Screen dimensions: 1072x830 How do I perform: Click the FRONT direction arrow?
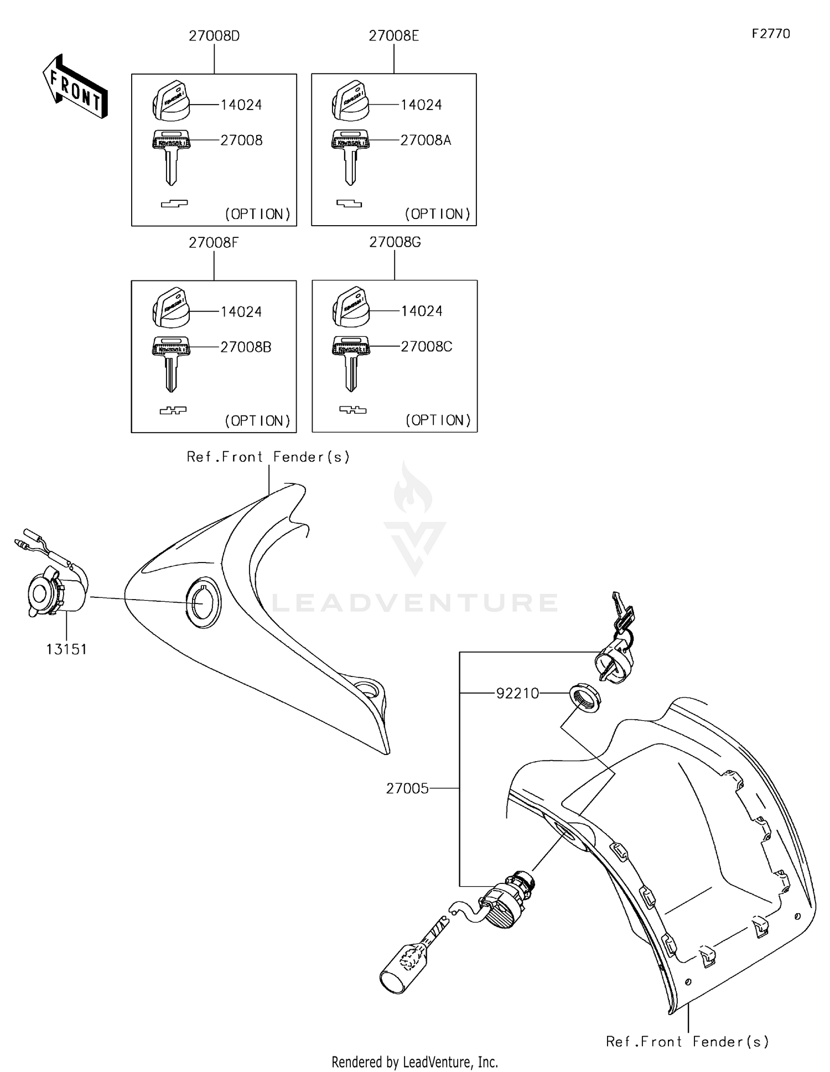[75, 87]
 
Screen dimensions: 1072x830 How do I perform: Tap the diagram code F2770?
[770, 34]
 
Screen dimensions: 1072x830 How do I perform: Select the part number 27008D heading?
[214, 37]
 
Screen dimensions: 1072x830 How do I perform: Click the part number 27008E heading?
[393, 37]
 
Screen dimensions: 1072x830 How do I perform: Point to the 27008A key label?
[426, 140]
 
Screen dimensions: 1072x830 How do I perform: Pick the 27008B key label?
[246, 347]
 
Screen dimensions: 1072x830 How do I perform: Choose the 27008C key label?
[426, 347]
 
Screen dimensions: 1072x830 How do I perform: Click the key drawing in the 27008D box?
[171, 156]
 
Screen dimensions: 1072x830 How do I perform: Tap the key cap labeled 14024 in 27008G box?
[350, 308]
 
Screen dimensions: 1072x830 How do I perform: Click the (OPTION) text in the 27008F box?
[257, 421]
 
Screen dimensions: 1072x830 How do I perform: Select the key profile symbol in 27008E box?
[349, 204]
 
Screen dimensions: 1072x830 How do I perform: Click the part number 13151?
[66, 649]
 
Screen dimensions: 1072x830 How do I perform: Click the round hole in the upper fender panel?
[203, 602]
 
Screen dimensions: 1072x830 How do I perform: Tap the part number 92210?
[517, 694]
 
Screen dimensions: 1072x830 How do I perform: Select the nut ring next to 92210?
[585, 698]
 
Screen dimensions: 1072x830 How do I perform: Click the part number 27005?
[407, 788]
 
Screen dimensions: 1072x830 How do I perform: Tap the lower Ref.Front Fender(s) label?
[687, 1042]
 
